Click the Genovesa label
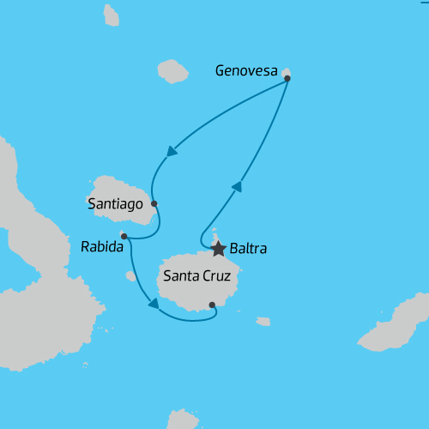tap(247, 72)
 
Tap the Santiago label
tap(116, 204)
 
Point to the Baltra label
tap(249, 250)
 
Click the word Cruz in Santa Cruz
tap(221, 277)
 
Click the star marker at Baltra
tap(218, 249)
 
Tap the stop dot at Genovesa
tap(287, 78)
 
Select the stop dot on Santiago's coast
tap(154, 203)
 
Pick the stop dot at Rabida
tap(124, 236)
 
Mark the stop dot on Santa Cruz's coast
tap(212, 304)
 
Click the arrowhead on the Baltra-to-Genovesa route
tap(237, 186)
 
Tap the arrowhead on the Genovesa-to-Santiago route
tap(172, 152)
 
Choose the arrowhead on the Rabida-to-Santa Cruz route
tap(154, 302)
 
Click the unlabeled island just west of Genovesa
tap(172, 71)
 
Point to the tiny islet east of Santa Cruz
tap(263, 322)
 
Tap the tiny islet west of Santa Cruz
tap(130, 276)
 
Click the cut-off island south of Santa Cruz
tap(183, 420)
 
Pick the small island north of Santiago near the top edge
tap(111, 15)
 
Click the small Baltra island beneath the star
tap(215, 237)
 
